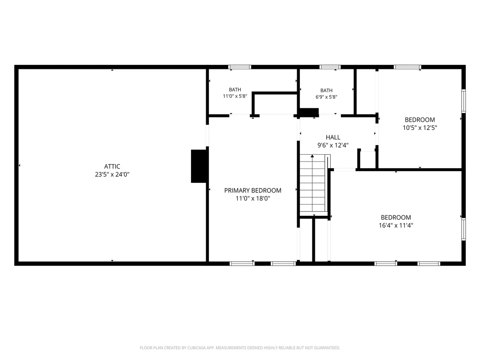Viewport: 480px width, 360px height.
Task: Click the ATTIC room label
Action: (x=112, y=166)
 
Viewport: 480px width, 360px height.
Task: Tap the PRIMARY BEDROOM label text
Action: (x=253, y=191)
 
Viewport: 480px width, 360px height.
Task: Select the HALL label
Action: (x=333, y=137)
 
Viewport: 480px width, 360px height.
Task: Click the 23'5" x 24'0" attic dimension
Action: (x=112, y=175)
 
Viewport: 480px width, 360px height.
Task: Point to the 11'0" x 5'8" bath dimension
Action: (x=235, y=96)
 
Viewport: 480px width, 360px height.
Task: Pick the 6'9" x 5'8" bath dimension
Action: (x=326, y=97)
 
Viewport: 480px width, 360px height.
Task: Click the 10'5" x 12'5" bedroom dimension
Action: (x=420, y=128)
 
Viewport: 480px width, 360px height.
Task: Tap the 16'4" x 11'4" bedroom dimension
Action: (x=396, y=225)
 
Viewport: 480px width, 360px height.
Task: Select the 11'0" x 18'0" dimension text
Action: (x=253, y=198)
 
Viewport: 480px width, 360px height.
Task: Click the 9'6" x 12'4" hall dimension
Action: (x=333, y=145)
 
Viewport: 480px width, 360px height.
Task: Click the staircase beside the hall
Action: (x=312, y=183)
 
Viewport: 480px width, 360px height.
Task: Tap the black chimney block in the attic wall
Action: (x=199, y=166)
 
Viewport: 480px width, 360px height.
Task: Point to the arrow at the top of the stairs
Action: (x=312, y=156)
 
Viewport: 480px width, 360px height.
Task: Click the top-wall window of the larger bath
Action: (x=240, y=67)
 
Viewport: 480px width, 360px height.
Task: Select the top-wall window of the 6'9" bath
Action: (x=330, y=67)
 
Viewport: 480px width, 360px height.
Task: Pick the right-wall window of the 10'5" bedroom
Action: (x=464, y=101)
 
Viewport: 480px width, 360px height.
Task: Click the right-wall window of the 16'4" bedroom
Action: (x=464, y=229)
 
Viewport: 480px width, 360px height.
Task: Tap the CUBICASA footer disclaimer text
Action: (x=240, y=348)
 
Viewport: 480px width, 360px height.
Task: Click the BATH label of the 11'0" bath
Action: (x=235, y=90)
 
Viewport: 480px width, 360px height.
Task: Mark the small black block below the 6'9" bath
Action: (x=309, y=112)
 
